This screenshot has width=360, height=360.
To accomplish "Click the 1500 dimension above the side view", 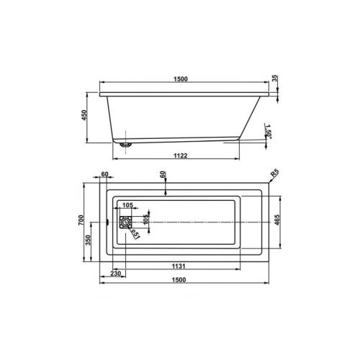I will [180, 79].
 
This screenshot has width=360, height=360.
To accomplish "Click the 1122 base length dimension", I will [180, 155].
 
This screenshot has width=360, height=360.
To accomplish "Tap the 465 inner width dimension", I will [276, 220].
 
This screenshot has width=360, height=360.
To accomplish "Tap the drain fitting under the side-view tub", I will [127, 143].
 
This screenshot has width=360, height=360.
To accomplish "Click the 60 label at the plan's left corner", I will [105, 175].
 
